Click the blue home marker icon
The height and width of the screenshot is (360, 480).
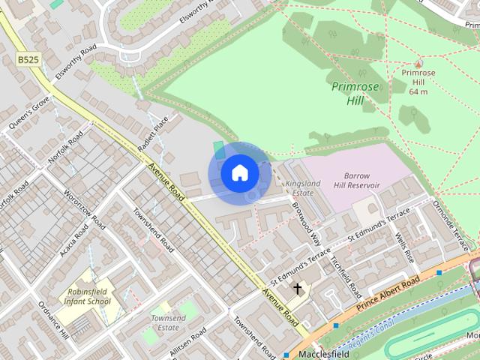(239, 173)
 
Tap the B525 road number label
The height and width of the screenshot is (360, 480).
(28, 58)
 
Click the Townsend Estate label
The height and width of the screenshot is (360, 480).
(167, 322)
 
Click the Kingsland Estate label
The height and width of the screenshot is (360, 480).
(303, 187)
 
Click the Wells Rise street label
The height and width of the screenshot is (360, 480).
(404, 246)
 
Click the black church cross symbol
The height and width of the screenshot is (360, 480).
(297, 289)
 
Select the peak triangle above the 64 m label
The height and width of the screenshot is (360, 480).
(418, 63)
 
